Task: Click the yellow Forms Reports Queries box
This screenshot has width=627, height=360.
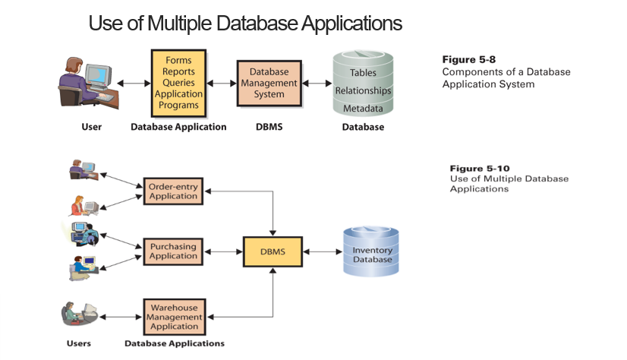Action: point(179,82)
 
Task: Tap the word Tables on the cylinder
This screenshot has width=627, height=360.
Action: point(363,73)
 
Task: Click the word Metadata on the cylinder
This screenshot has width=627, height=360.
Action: point(363,109)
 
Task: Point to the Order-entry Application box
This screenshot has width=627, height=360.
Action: point(173,191)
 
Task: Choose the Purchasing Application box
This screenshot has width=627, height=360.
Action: point(173,251)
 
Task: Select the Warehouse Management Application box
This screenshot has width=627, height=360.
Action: point(173,317)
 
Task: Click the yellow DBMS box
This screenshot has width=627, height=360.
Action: point(272,251)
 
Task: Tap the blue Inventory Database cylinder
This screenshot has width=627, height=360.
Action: point(372,251)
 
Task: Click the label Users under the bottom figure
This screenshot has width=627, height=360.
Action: point(78,343)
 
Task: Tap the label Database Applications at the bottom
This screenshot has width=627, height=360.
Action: point(175,343)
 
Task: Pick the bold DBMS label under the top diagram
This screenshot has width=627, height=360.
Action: point(269,127)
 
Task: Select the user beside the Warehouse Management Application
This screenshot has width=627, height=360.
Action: point(78,314)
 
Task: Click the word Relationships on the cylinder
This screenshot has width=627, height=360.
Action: point(363,90)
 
